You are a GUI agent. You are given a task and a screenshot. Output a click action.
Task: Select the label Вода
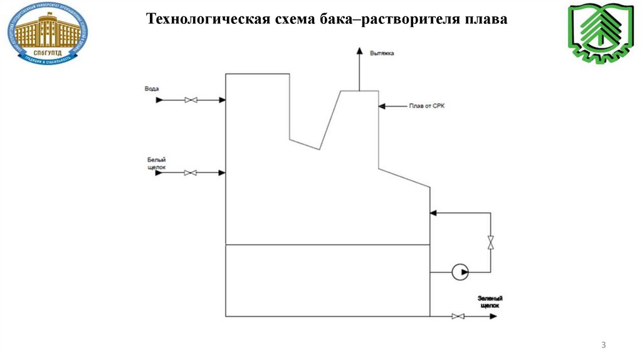pos(152,89)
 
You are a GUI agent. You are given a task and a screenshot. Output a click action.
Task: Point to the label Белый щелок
pos(156,164)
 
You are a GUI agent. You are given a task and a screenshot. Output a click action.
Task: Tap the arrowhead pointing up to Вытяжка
pos(359,51)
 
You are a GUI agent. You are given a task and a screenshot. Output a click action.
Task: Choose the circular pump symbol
pos(461,272)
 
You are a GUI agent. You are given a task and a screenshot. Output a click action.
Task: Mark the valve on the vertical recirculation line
pos(491,242)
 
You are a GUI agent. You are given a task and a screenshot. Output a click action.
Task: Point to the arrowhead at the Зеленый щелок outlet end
pos(494,316)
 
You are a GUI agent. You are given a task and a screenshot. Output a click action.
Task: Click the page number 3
pos(603,346)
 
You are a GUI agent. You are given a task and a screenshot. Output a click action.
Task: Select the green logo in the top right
pos(595,34)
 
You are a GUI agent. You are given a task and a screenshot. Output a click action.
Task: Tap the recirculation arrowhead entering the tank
pos(433,213)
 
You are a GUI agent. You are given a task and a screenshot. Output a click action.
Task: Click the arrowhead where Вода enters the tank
pos(222,100)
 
